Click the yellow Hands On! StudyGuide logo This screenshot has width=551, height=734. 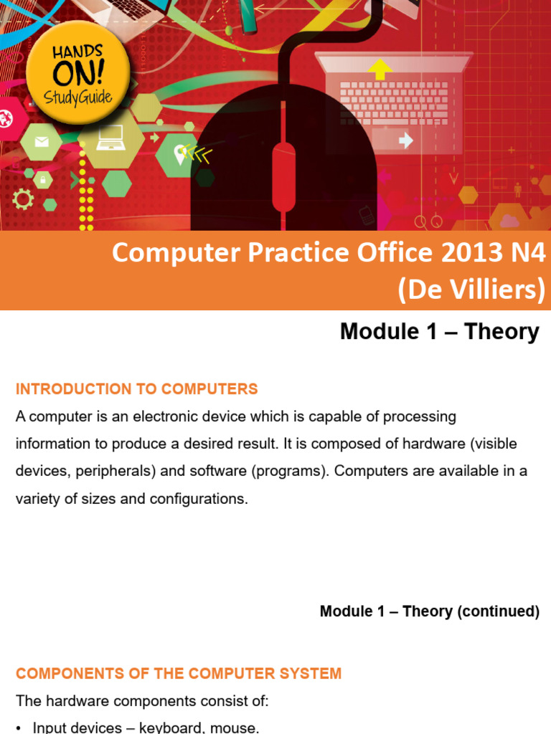pos(77,72)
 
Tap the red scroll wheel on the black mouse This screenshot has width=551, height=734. pos(283,176)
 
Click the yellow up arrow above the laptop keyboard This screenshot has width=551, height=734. pos(380,69)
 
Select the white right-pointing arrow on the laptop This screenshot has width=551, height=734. pos(405,140)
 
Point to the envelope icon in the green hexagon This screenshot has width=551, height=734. pos(41,141)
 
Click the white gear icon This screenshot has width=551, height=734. pos(23,199)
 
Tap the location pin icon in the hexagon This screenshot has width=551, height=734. pos(179,152)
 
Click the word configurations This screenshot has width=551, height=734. pos(198,499)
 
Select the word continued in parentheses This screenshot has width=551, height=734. pos(501,611)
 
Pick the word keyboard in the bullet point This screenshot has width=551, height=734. pos(159,727)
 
